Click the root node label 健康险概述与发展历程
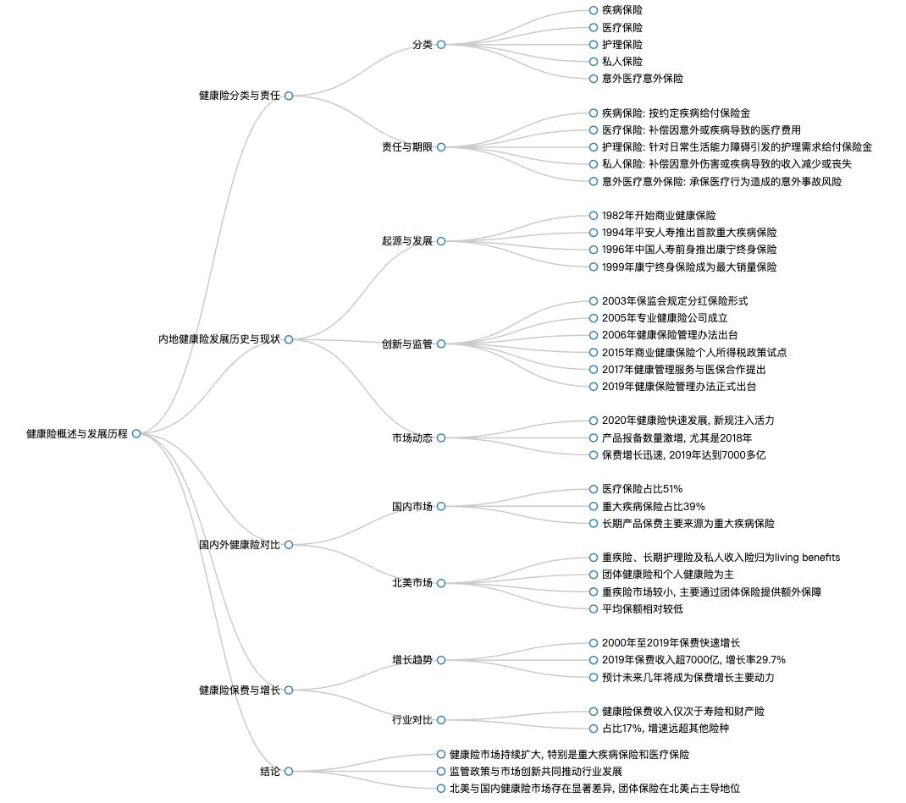(77, 433)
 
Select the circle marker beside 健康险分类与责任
(289, 96)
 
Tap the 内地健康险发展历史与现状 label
(219, 339)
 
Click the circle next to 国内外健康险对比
(289, 544)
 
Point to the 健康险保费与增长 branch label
(240, 690)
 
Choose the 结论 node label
(270, 771)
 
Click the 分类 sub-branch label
(423, 45)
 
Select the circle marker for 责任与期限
(441, 147)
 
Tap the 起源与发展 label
(406, 241)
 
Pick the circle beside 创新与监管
(441, 344)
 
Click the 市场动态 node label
(412, 438)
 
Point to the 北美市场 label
(412, 583)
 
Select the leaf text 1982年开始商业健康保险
(659, 216)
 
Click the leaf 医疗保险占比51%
(642, 489)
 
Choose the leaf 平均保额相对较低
(642, 609)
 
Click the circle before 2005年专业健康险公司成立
(594, 318)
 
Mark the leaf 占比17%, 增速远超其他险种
(665, 729)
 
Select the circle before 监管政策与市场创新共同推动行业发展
(441, 771)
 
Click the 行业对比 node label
(412, 720)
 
